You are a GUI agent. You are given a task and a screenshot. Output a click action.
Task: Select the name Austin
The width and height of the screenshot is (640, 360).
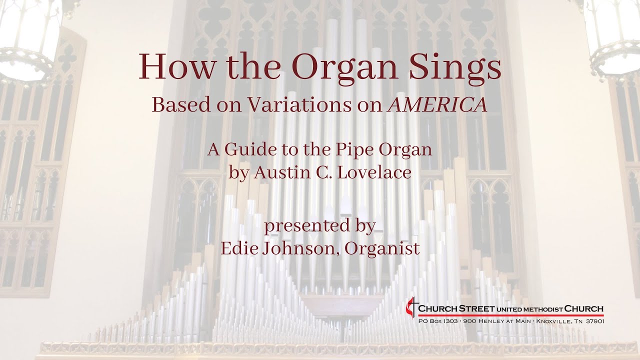pos(277,172)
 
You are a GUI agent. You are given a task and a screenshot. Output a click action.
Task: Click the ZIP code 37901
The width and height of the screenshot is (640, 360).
pos(594,321)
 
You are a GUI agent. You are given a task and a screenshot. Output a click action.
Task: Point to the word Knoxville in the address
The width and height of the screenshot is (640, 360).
pos(556,321)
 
